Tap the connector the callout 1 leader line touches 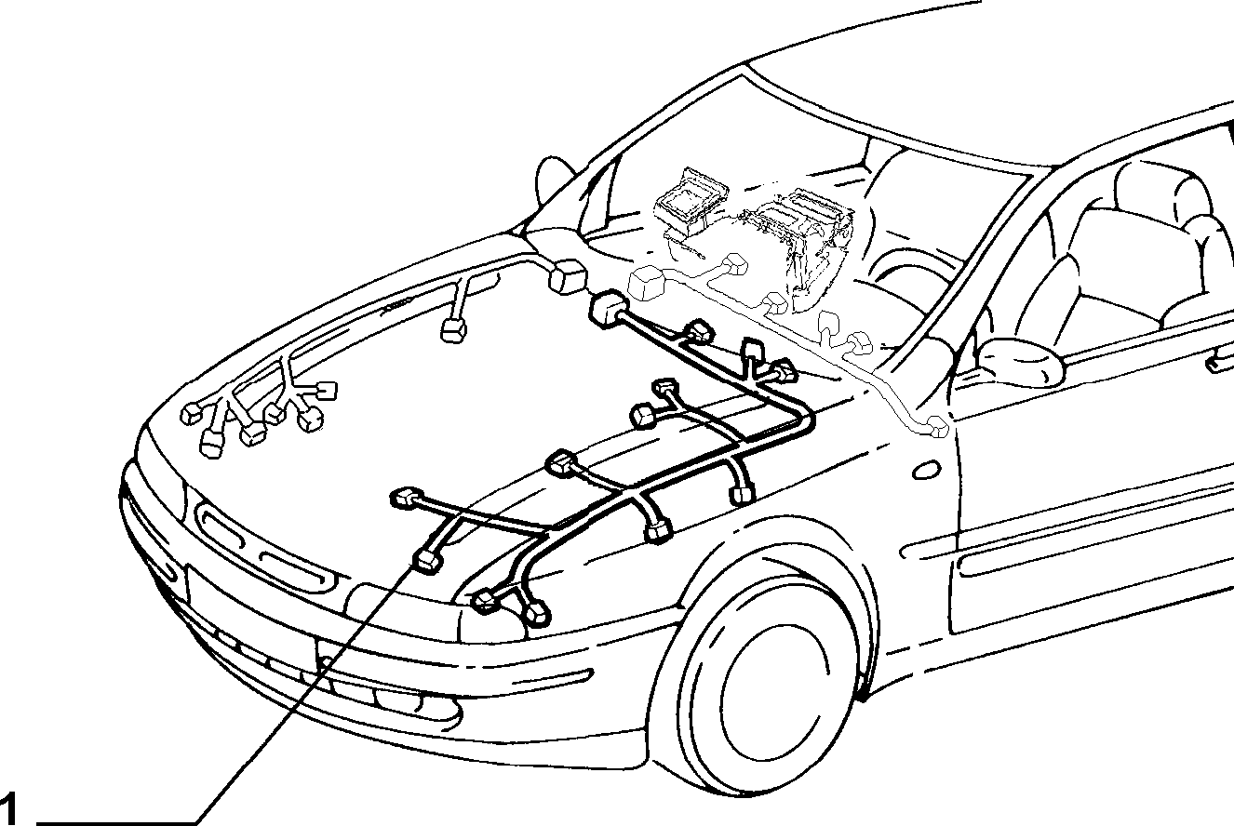coord(428,561)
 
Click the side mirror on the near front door coord(1023,361)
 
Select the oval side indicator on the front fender coord(926,470)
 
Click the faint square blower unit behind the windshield coord(690,205)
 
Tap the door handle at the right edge coord(1220,364)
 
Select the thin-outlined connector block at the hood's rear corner coord(568,276)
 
